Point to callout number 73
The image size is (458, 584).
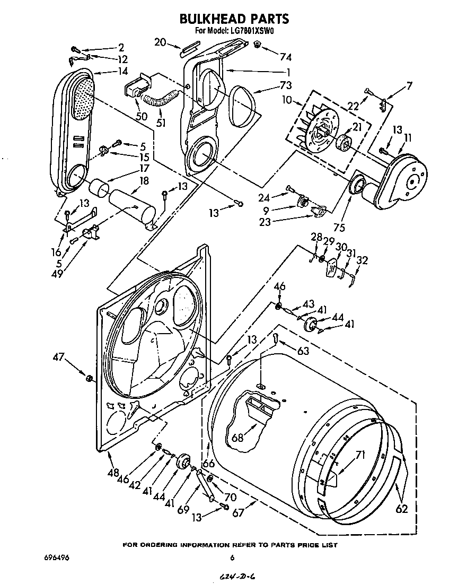tap(271, 85)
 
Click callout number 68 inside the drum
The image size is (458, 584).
tap(237, 438)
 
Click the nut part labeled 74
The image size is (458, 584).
tap(257, 46)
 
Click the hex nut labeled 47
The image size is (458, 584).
tap(89, 378)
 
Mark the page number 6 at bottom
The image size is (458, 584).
tap(232, 557)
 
